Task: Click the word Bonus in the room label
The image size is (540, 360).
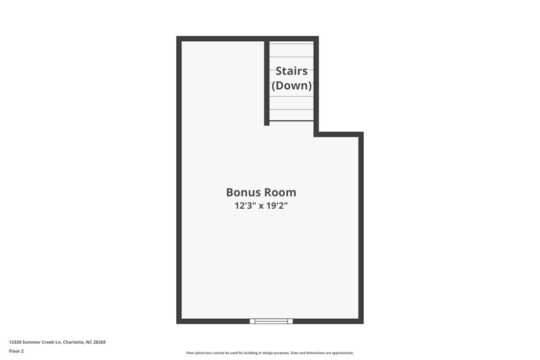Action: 242,192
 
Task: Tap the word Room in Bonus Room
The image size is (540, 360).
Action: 279,192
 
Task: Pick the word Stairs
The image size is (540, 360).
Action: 292,71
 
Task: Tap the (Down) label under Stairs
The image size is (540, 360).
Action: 292,86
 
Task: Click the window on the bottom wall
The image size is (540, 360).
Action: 271,321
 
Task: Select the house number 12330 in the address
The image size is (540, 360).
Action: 15,342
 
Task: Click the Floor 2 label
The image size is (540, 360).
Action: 16,351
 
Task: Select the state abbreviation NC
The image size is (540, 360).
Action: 88,342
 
